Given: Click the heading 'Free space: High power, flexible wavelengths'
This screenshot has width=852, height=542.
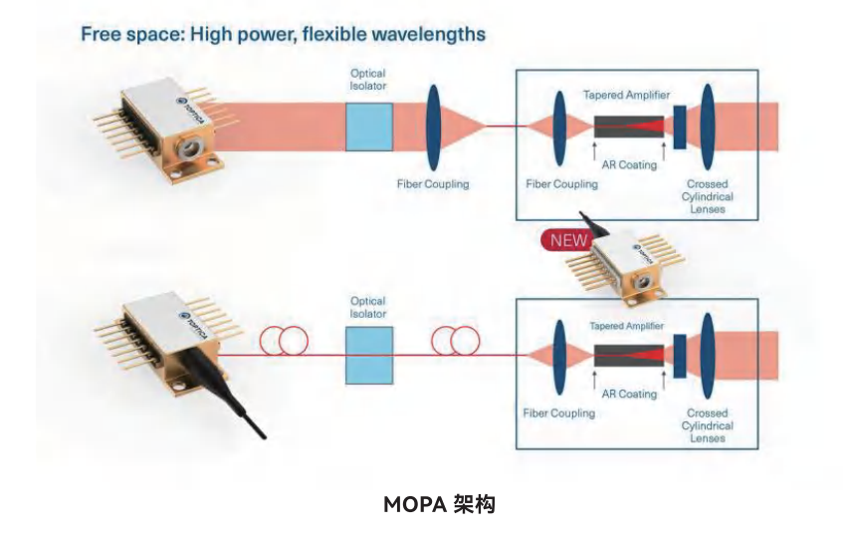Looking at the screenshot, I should pos(283,35).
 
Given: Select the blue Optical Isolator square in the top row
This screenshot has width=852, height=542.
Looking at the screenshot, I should pos(368,126).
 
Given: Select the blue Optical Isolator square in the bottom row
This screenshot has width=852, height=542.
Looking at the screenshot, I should pos(368,355).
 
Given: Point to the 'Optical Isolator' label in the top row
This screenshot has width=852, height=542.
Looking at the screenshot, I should pos(368,80).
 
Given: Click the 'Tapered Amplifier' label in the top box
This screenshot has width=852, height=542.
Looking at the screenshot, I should pos(626,95).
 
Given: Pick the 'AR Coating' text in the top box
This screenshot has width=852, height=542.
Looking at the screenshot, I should pos(631,165).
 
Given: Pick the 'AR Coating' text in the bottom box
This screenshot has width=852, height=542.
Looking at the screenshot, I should pos(631,395).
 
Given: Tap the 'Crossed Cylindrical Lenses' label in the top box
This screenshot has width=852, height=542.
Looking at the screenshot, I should pos(707,196).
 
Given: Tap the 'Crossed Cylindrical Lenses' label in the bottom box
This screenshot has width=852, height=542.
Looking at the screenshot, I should pos(707,425).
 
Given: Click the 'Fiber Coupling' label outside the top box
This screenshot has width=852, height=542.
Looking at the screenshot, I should pos(432,184).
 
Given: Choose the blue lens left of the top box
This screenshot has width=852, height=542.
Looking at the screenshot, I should pos(434,127).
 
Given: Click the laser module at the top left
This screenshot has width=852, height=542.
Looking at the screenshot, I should pos(165,131).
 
